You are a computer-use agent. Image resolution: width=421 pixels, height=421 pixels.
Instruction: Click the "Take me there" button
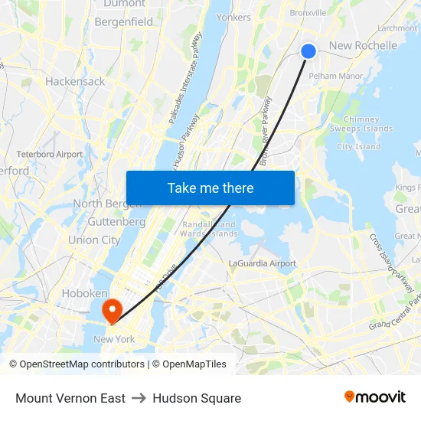pos(210,188)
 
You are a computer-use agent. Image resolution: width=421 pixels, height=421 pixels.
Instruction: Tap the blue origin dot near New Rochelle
pos(308,51)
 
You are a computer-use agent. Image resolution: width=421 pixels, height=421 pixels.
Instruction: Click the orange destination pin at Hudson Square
pos(113,309)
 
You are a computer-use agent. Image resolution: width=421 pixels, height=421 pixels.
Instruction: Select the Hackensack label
pos(75,81)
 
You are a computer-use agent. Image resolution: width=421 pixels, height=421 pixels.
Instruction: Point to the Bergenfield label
pos(123,22)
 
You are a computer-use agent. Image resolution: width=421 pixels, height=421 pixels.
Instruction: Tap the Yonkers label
pos(233,17)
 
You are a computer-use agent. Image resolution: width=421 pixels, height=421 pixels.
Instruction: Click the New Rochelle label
pos(363,46)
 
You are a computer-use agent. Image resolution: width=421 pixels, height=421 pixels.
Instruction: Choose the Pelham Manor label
pos(337,77)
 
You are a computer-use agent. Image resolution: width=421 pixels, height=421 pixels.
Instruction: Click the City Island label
pos(358,147)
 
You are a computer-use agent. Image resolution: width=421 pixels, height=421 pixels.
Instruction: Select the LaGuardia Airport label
pos(263,263)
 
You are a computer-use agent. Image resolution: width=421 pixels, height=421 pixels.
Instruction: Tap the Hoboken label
pos(84,294)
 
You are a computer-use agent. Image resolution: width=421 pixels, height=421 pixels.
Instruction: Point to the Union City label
pos(94,240)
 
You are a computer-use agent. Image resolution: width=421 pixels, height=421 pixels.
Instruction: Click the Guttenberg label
pos(116,222)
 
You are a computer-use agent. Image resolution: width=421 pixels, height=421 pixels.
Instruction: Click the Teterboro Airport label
pos(49,154)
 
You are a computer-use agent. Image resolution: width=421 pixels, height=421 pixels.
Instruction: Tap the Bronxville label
pos(308,13)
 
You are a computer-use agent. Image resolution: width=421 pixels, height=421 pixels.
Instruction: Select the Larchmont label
pos(397,28)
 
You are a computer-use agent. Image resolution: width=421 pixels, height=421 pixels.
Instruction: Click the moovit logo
pos(374,397)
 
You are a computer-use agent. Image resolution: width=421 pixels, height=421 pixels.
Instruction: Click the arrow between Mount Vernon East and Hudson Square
pos(139,398)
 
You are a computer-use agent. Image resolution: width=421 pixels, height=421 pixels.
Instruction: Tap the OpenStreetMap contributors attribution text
pos(80,364)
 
